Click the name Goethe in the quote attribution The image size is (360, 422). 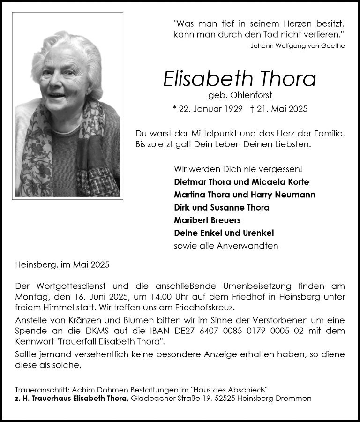(x=333, y=46)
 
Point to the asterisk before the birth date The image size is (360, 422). (x=174, y=109)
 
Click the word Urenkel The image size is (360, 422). (x=257, y=233)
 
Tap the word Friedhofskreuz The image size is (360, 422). (x=206, y=308)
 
